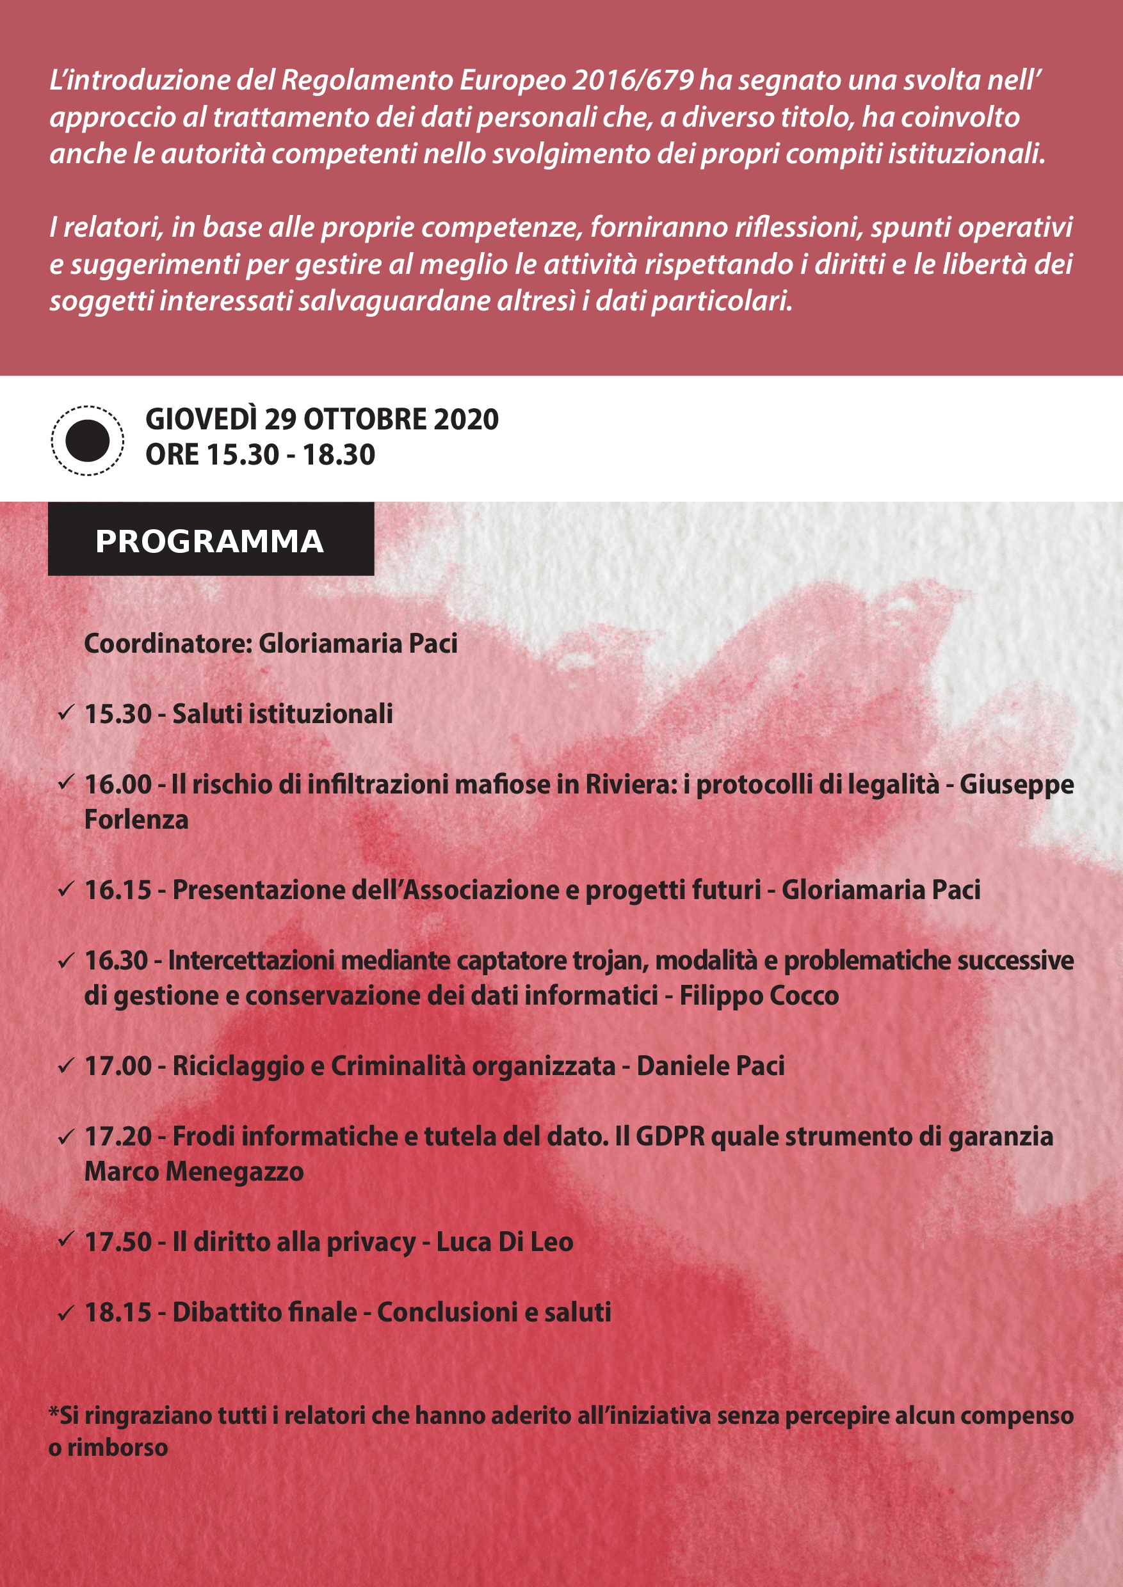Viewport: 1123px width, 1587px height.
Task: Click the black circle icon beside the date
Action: (87, 440)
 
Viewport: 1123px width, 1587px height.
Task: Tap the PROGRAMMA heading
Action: (210, 541)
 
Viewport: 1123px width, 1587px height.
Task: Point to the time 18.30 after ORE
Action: (339, 455)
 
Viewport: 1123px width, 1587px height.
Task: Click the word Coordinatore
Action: (166, 644)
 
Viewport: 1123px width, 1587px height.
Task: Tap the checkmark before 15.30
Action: (66, 713)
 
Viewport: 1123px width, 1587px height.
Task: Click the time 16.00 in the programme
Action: (118, 785)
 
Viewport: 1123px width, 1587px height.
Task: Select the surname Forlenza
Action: (136, 820)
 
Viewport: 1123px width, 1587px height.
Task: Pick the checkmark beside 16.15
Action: (66, 889)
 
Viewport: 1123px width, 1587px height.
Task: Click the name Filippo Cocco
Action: (759, 996)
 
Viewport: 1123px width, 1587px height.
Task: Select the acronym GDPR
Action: (669, 1136)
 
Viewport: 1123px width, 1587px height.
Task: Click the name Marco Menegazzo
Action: (193, 1172)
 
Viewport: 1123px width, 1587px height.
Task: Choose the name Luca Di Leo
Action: (504, 1242)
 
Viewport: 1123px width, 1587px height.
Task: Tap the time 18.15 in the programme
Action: (118, 1312)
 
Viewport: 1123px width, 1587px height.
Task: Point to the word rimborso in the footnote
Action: (118, 1448)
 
